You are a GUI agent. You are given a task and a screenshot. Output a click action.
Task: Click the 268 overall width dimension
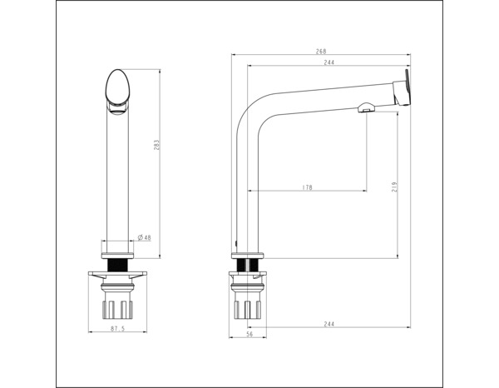tap(321, 52)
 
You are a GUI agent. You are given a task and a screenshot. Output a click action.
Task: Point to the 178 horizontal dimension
tap(307, 188)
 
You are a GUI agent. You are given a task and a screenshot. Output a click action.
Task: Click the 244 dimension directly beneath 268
tap(329, 62)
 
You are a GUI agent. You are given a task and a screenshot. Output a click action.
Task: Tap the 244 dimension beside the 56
tap(329, 325)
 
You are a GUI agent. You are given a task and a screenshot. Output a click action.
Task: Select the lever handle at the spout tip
tap(404, 87)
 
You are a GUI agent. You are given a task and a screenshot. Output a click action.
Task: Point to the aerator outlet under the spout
tap(363, 108)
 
